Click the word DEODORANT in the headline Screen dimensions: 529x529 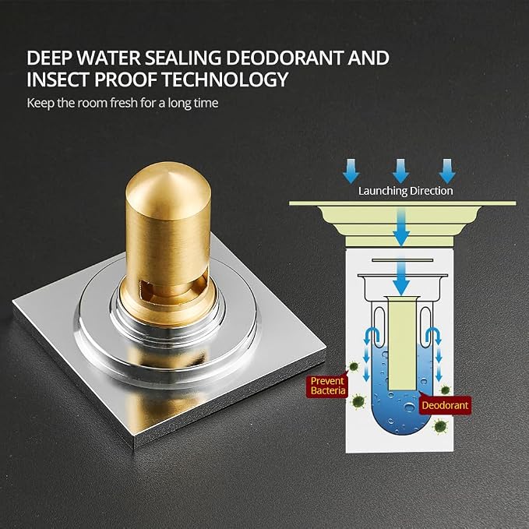pyautogui.click(x=285, y=58)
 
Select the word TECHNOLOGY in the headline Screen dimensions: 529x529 pyautogui.click(x=225, y=79)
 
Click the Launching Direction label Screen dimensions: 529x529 pyautogui.click(x=406, y=191)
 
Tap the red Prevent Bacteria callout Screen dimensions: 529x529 pyautogui.click(x=327, y=386)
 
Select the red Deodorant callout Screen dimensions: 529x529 pyautogui.click(x=445, y=405)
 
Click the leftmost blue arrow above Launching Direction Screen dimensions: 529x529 pyautogui.click(x=351, y=171)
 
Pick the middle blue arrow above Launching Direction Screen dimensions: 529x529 pyautogui.click(x=400, y=171)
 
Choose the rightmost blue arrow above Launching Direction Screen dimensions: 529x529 pyautogui.click(x=447, y=171)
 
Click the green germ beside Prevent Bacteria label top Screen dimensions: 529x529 pyautogui.click(x=354, y=366)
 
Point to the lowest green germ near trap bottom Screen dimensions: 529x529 pyautogui.click(x=440, y=426)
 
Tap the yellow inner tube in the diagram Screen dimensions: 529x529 pyautogui.click(x=402, y=345)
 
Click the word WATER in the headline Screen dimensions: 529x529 pyautogui.click(x=108, y=58)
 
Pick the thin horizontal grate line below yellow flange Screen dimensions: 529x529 pyautogui.click(x=402, y=260)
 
